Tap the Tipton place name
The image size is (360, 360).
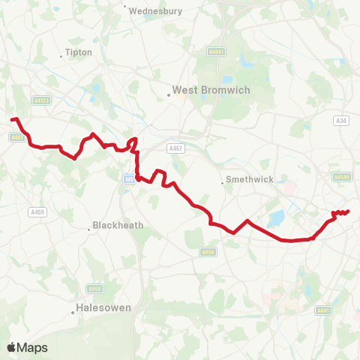tap(78, 52)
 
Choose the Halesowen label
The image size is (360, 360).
tap(103, 307)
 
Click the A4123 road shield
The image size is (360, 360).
tap(41, 99)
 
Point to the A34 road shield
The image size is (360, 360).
tap(342, 120)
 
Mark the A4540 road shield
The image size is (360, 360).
tap(342, 177)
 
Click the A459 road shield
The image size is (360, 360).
tap(37, 212)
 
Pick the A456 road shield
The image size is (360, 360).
tap(208, 252)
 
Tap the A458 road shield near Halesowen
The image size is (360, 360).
tap(95, 288)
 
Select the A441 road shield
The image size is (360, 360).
tap(323, 310)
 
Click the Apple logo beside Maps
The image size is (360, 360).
tap(11, 347)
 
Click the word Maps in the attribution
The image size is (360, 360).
tap(32, 347)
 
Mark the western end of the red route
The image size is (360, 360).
tap(11, 118)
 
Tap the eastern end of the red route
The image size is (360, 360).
tap(349, 211)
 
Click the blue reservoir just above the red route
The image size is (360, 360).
tap(274, 219)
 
